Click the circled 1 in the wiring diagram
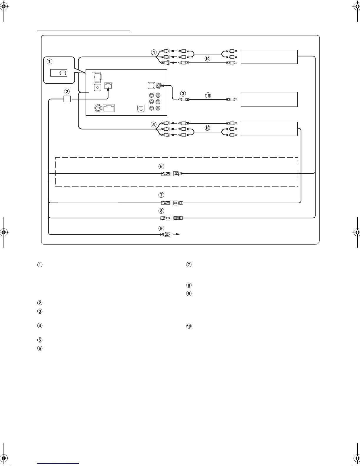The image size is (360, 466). (x=50, y=62)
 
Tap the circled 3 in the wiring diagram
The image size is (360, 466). (x=183, y=94)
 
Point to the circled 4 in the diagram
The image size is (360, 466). (x=154, y=52)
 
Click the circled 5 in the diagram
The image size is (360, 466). (x=154, y=124)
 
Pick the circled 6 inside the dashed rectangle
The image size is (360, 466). (x=161, y=167)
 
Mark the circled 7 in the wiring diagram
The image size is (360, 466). (x=161, y=195)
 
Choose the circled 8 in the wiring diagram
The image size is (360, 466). (x=161, y=211)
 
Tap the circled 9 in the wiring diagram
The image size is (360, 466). (x=161, y=228)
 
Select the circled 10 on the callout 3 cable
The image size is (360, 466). (x=208, y=95)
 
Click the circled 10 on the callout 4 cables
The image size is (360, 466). (x=207, y=59)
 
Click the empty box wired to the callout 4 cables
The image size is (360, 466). (x=269, y=57)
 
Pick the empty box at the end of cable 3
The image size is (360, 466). (x=269, y=99)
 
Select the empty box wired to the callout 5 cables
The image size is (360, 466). (x=269, y=129)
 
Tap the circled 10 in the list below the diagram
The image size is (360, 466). (x=189, y=326)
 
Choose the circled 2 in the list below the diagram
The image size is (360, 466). (x=40, y=303)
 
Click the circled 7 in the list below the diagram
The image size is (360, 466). (x=189, y=265)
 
